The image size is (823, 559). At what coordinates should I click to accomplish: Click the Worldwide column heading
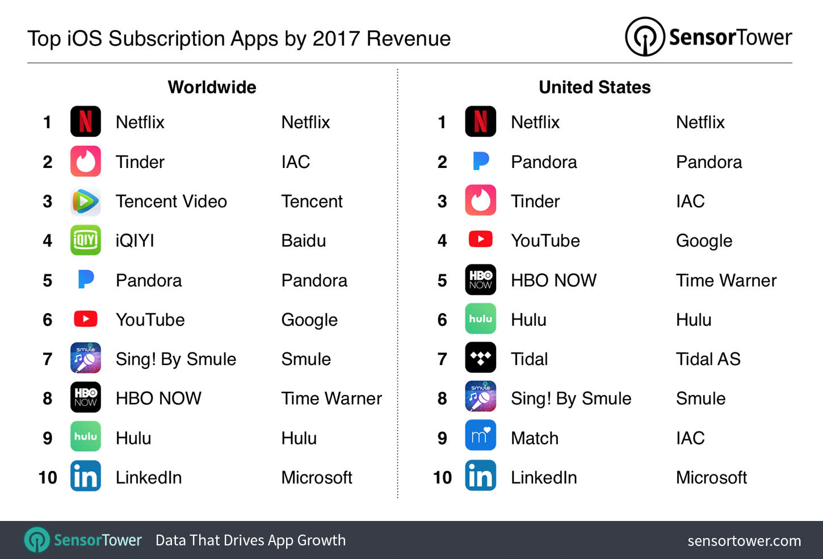coord(212,87)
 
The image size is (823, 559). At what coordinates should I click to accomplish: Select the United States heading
coord(594,87)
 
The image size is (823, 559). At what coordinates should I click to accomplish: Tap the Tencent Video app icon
coord(86,201)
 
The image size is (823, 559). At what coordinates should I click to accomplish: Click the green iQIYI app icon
coord(86,241)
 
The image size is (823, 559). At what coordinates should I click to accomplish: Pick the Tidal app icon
coord(480,359)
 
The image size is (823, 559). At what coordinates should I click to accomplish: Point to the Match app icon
coord(480,436)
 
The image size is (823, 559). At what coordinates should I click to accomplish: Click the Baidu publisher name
coord(304,241)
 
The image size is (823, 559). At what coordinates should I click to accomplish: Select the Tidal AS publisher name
coord(708,359)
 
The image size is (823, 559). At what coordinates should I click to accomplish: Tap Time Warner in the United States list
coord(726,280)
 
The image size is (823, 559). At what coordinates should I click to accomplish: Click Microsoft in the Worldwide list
coord(317,477)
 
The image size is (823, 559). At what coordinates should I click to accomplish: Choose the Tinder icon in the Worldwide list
coord(86,162)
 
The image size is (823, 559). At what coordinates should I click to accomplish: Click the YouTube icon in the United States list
coord(480,239)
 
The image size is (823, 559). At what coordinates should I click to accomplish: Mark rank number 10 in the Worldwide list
coord(48,477)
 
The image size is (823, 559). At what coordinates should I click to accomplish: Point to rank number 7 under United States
coord(442,359)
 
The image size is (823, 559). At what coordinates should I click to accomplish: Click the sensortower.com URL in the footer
coord(744,541)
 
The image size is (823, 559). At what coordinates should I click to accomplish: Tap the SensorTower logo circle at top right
coord(645,37)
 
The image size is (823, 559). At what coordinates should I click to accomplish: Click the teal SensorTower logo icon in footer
coord(37,540)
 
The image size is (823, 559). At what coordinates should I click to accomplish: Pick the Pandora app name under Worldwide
coord(149,280)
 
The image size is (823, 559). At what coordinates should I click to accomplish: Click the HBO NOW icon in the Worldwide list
coord(86,397)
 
